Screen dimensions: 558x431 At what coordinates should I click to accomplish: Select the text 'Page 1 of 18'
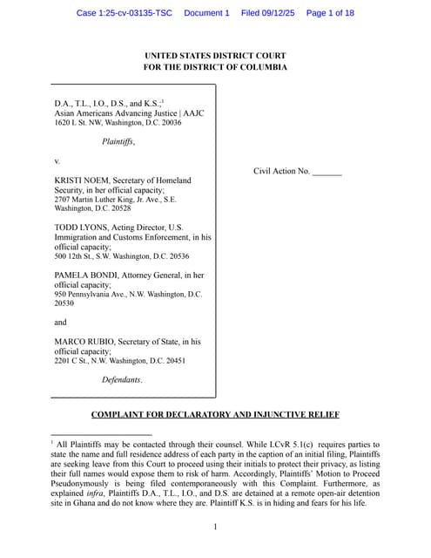[x=330, y=13]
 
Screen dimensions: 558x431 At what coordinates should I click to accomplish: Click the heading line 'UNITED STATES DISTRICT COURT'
[x=215, y=56]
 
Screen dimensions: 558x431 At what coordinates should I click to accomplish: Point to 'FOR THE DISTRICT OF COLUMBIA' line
[x=215, y=68]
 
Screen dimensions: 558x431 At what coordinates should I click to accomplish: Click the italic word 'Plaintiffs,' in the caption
[x=118, y=141]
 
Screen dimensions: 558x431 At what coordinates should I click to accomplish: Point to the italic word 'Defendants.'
[x=122, y=379]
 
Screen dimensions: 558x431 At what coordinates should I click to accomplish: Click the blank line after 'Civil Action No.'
[x=327, y=172]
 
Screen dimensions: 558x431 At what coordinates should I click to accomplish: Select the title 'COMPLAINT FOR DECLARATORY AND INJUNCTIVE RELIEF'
[x=215, y=414]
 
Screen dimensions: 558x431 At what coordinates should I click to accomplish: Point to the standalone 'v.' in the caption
[x=57, y=160]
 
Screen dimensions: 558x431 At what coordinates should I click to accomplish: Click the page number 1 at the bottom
[x=215, y=527]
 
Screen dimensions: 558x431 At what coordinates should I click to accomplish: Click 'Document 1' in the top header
[x=206, y=13]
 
